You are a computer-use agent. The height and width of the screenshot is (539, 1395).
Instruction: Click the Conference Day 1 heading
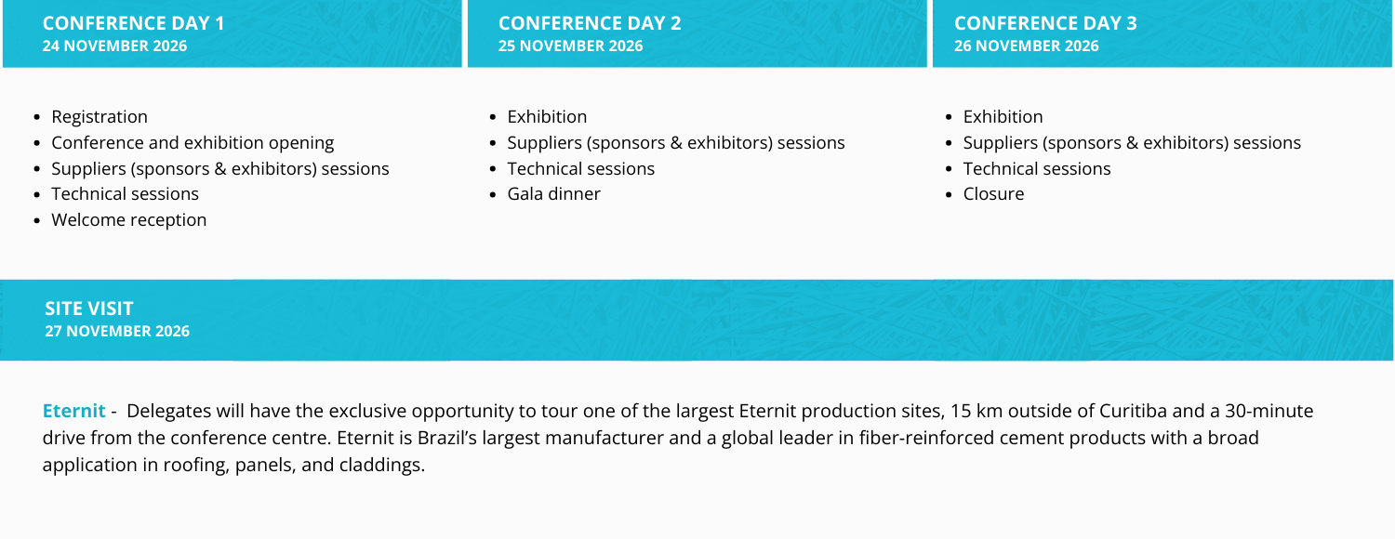[133, 23]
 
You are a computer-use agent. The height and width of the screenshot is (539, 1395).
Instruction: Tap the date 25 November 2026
[570, 46]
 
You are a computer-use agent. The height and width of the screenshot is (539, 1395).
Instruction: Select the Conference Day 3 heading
[1045, 23]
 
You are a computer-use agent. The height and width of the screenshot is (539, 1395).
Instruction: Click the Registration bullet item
[100, 117]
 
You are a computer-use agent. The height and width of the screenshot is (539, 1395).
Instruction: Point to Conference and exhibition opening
[193, 143]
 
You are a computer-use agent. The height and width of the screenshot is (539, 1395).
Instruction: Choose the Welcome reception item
[129, 219]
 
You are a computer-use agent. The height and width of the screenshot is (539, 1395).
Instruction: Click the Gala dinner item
[553, 194]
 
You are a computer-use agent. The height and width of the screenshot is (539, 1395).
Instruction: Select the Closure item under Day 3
[993, 194]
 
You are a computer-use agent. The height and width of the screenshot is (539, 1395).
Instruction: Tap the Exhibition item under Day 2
[547, 117]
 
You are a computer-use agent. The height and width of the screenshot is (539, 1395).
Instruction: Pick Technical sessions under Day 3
[1037, 169]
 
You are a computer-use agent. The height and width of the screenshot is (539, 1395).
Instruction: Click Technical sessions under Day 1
[126, 194]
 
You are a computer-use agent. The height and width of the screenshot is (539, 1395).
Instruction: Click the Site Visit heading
[89, 309]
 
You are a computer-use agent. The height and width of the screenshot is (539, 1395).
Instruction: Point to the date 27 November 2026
[117, 331]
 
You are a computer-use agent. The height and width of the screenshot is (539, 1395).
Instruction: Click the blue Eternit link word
[74, 411]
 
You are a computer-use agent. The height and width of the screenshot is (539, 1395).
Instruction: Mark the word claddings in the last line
[381, 465]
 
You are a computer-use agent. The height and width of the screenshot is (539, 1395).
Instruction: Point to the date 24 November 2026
[114, 46]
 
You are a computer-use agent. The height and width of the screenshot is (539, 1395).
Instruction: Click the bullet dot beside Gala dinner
[493, 195]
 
